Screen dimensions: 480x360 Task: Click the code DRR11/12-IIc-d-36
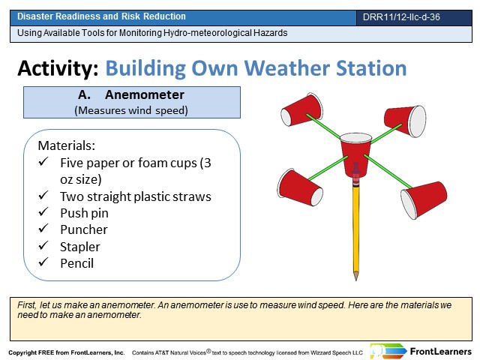click(401, 16)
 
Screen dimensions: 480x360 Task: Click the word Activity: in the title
click(58, 68)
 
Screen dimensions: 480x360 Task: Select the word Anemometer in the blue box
click(145, 95)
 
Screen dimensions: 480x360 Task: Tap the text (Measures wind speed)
click(131, 110)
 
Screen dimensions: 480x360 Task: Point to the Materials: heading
click(67, 145)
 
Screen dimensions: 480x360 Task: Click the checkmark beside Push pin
click(43, 211)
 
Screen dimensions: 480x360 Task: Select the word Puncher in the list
click(84, 229)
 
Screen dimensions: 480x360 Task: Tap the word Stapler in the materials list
click(80, 247)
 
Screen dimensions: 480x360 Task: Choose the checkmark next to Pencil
click(43, 262)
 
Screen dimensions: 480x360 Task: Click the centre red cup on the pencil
click(355, 154)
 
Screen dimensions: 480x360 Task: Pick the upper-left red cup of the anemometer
click(301, 109)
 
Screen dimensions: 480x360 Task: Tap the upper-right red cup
click(405, 121)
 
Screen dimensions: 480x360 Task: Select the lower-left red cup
click(300, 187)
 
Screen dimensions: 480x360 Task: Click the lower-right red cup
click(424, 199)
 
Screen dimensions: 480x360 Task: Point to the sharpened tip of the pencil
click(355, 278)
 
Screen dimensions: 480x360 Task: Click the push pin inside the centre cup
click(355, 170)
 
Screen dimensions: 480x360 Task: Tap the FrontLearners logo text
click(440, 352)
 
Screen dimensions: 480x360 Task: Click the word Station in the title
click(371, 68)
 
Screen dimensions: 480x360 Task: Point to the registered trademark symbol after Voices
click(208, 351)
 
